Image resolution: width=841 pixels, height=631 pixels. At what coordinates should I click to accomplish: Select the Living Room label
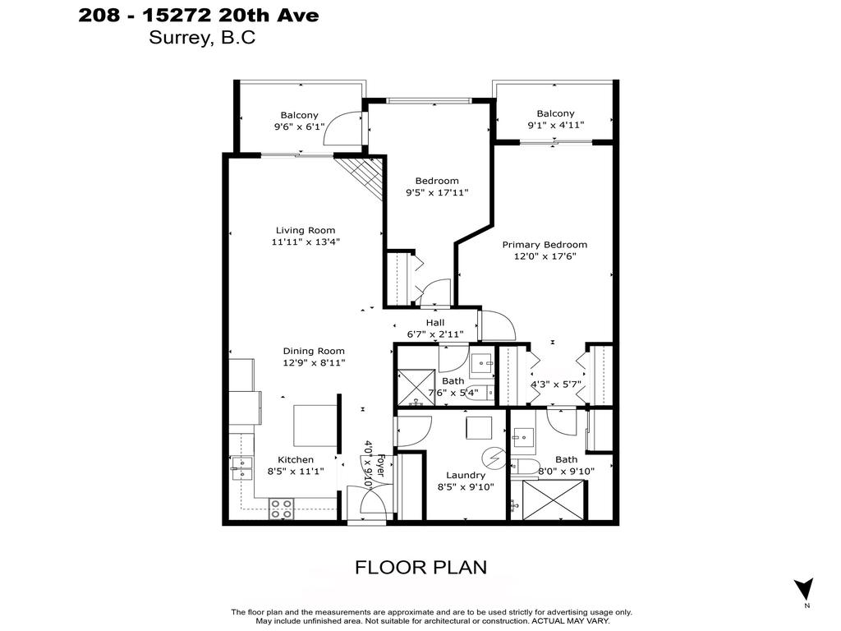click(305, 230)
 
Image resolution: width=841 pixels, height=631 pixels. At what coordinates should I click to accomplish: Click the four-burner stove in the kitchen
click(282, 509)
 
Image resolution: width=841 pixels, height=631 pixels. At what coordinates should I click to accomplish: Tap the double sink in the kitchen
click(241, 467)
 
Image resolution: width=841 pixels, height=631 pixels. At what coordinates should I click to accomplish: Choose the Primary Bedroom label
click(545, 244)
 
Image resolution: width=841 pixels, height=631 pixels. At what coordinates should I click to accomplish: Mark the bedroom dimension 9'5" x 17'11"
click(436, 193)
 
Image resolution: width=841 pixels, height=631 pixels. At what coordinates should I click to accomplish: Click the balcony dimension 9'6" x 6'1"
click(299, 127)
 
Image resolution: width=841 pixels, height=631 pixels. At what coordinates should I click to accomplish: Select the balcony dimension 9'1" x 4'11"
click(555, 126)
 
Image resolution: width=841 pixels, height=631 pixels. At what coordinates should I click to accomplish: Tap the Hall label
click(434, 323)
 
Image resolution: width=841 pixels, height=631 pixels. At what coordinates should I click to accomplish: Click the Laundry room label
click(466, 475)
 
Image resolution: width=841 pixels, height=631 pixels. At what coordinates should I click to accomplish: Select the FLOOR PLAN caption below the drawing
click(420, 567)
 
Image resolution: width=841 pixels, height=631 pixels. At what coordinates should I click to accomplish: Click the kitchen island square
click(315, 424)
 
